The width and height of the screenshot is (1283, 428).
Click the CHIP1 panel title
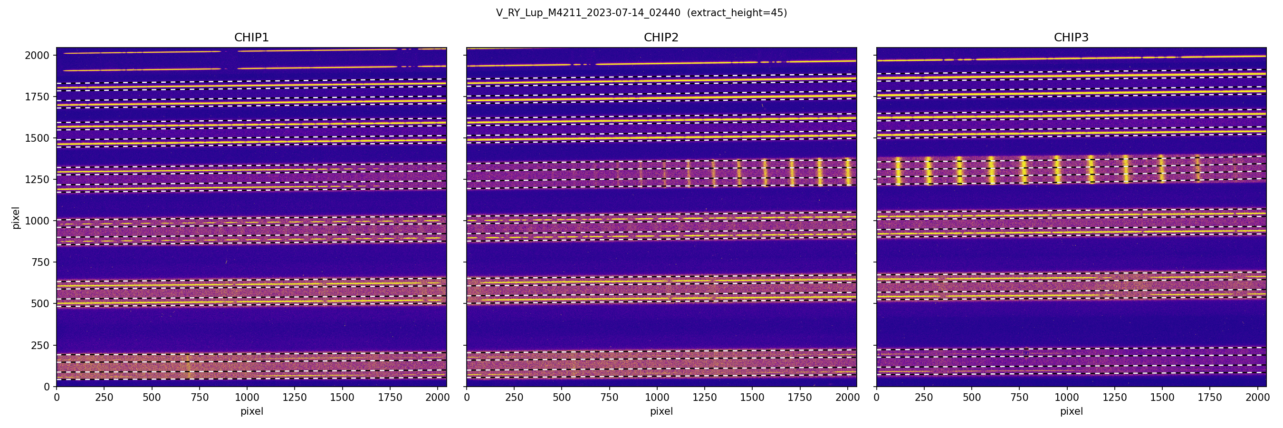(251, 38)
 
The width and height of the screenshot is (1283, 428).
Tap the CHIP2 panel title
(661, 38)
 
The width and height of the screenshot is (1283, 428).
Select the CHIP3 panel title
(1071, 38)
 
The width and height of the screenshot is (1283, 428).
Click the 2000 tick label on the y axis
(37, 55)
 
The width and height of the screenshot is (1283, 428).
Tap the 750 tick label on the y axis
(40, 262)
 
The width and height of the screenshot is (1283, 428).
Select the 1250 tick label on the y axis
(37, 179)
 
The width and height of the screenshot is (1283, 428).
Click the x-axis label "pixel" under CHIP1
(251, 411)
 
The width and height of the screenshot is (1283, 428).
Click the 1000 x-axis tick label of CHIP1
(247, 398)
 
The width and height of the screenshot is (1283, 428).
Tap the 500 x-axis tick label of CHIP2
(562, 398)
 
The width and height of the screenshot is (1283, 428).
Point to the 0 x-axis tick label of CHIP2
(467, 398)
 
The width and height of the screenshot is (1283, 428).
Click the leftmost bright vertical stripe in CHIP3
(898, 171)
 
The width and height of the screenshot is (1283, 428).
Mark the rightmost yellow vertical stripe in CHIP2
(848, 172)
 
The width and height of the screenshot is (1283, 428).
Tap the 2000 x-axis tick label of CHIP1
(437, 398)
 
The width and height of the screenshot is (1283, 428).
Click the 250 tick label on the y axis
(40, 345)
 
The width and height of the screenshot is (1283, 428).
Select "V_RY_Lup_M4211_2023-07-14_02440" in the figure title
(588, 13)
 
